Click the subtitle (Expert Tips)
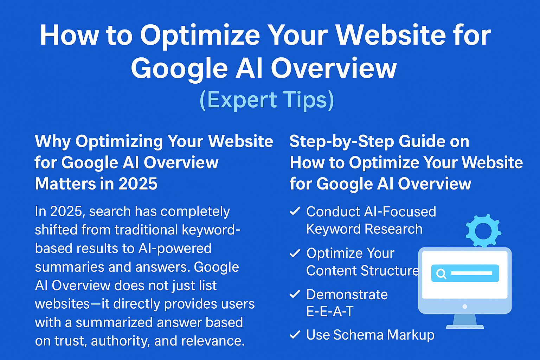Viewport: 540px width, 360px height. (x=267, y=100)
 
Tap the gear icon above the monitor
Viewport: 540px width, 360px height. (x=483, y=231)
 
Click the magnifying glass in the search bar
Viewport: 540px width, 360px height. (x=441, y=274)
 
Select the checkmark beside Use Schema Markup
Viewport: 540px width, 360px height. (x=295, y=334)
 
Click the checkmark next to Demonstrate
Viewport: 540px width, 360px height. (x=295, y=294)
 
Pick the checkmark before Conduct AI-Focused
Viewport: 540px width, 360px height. (x=295, y=211)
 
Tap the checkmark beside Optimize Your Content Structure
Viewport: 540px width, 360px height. (x=295, y=253)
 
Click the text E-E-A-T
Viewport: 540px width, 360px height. (x=330, y=311)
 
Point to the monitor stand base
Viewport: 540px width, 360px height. (x=465, y=327)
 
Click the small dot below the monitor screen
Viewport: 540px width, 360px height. (x=465, y=307)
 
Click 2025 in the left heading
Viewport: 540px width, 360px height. (x=138, y=184)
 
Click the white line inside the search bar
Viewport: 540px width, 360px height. (x=471, y=273)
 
